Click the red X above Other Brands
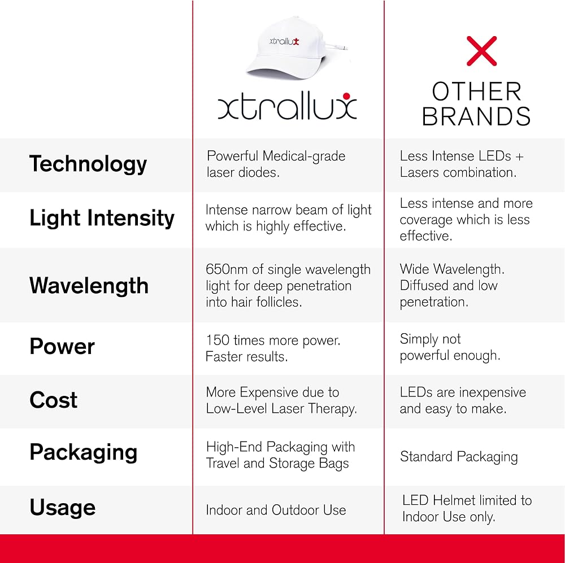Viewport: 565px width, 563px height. [x=481, y=51]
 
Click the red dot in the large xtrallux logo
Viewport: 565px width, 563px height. [x=347, y=96]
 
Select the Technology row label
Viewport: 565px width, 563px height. [x=88, y=164]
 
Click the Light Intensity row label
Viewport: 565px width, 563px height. [x=102, y=219]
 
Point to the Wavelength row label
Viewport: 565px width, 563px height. [x=89, y=286]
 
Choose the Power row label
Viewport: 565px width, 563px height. [x=62, y=347]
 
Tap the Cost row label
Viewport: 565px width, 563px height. [x=53, y=400]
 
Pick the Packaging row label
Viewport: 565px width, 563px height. [x=83, y=452]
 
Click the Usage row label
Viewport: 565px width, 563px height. [x=62, y=507]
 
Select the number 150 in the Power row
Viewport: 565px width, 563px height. [x=218, y=340]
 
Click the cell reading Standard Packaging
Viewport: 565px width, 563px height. [x=459, y=457]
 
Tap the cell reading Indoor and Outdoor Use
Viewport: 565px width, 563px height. [x=276, y=510]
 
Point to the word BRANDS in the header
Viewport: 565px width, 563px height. [x=476, y=116]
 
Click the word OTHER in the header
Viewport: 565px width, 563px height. [x=477, y=91]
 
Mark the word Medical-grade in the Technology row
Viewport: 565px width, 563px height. [x=304, y=156]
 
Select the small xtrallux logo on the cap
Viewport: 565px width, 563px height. [x=284, y=41]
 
